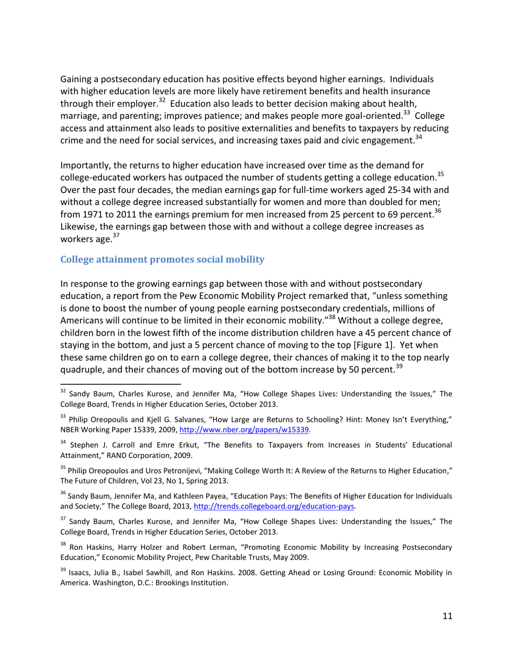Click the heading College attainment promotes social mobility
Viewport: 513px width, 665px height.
coord(163,260)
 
